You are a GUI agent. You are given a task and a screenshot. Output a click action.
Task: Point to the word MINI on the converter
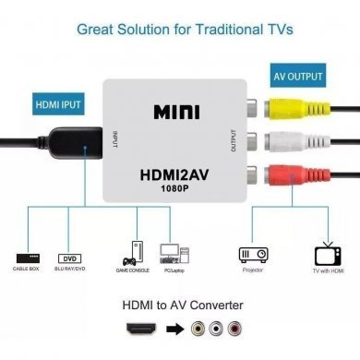coord(174,111)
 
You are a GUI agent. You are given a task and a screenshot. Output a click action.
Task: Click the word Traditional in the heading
coord(234,29)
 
